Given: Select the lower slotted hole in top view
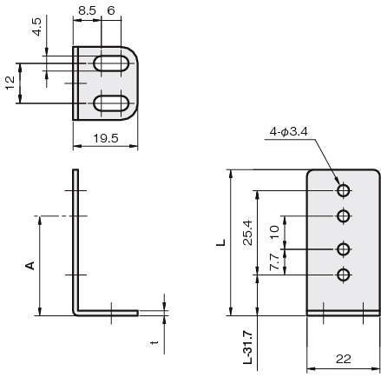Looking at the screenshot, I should (108, 103).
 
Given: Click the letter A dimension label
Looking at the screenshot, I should (29, 265).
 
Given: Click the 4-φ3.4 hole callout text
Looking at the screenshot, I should (289, 132).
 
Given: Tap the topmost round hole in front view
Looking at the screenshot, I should (345, 190).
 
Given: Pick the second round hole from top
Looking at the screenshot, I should (345, 216).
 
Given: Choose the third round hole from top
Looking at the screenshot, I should (345, 249).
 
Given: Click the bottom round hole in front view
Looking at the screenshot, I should (345, 275).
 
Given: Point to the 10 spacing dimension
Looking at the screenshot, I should (274, 232).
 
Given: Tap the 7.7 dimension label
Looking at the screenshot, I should (274, 263).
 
